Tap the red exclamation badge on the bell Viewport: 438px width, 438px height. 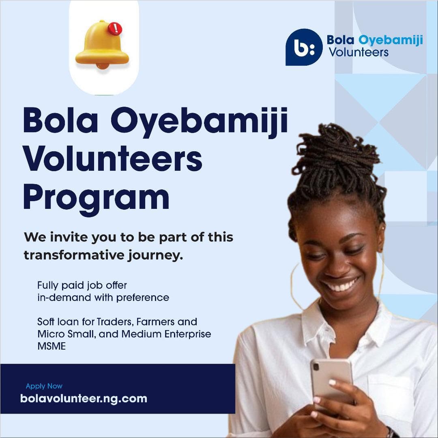coord(115,28)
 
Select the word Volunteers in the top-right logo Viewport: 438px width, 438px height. coord(359,52)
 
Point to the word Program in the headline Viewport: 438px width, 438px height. coord(96,198)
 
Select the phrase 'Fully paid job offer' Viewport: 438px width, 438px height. coord(82,285)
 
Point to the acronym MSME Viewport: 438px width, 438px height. coord(52,347)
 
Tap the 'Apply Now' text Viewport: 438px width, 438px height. coord(44,386)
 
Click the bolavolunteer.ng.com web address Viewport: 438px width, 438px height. coord(84,398)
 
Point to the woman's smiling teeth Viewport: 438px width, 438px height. coord(341,285)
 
